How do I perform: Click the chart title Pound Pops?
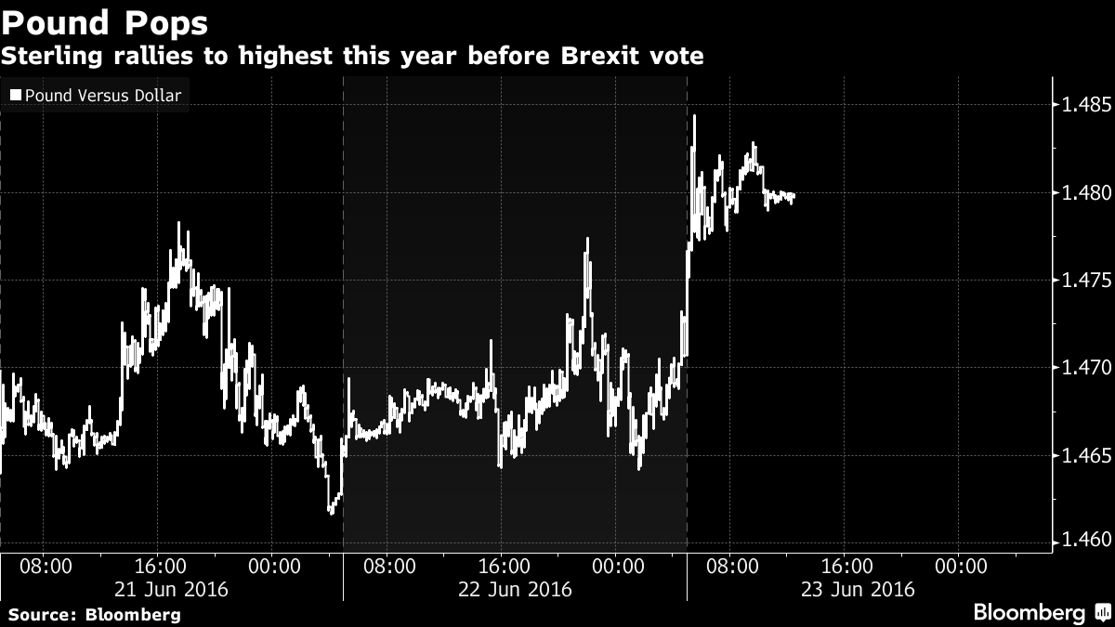pos(104,22)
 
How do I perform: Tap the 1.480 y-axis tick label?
pos(1085,193)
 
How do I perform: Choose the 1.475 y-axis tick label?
pos(1085,281)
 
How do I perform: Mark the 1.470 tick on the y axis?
pos(1085,368)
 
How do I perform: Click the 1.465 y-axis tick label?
pos(1085,456)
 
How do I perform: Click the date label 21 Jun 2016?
pos(172,589)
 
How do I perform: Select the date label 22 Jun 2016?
pos(515,589)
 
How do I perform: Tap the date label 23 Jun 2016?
pos(858,589)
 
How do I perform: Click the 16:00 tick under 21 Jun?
pos(159,565)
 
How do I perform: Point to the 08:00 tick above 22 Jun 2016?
pos(387,565)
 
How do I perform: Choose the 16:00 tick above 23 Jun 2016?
pos(846,565)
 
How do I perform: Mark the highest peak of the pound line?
pos(694,116)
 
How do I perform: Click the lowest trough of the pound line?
pos(331,511)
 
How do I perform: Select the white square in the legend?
pos(15,96)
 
